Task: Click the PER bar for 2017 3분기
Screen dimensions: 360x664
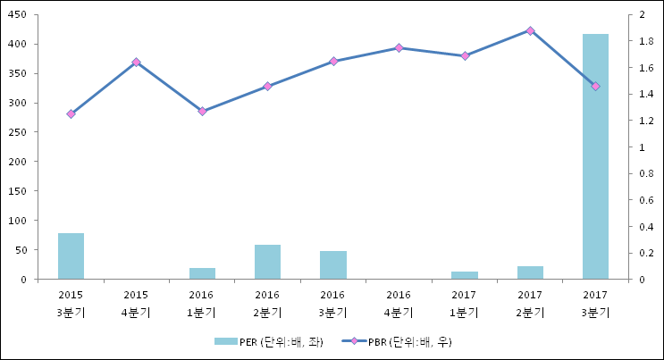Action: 595,156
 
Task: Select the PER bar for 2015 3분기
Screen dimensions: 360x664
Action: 71,256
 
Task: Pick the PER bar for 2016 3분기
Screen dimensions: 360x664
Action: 333,265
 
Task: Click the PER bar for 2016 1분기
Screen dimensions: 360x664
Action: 202,273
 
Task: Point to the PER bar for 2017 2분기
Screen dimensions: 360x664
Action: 530,272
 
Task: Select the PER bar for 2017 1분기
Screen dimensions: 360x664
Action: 465,275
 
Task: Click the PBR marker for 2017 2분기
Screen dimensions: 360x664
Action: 530,30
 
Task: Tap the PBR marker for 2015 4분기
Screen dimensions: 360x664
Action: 136,63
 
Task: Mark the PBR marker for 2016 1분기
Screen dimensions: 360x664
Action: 202,112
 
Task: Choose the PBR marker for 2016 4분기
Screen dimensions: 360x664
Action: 399,48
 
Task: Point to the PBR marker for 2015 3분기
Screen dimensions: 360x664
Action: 71,114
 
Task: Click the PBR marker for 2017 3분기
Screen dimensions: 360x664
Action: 595,86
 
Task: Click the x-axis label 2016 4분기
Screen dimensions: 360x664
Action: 399,304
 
